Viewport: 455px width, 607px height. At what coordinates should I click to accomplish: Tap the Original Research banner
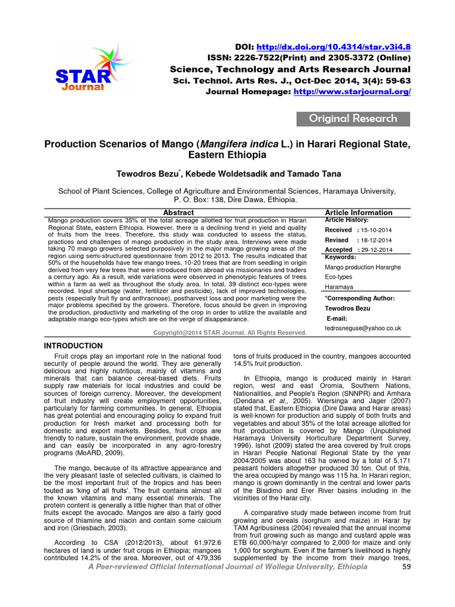(353, 119)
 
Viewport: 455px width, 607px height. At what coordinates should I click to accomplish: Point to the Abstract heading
(178, 212)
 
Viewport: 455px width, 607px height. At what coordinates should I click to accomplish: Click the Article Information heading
(358, 212)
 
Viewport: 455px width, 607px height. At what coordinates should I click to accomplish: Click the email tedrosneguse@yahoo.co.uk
(363, 328)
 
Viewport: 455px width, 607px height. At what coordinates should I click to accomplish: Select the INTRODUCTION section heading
(74, 346)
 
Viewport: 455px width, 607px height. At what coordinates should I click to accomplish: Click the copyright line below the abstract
(230, 333)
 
